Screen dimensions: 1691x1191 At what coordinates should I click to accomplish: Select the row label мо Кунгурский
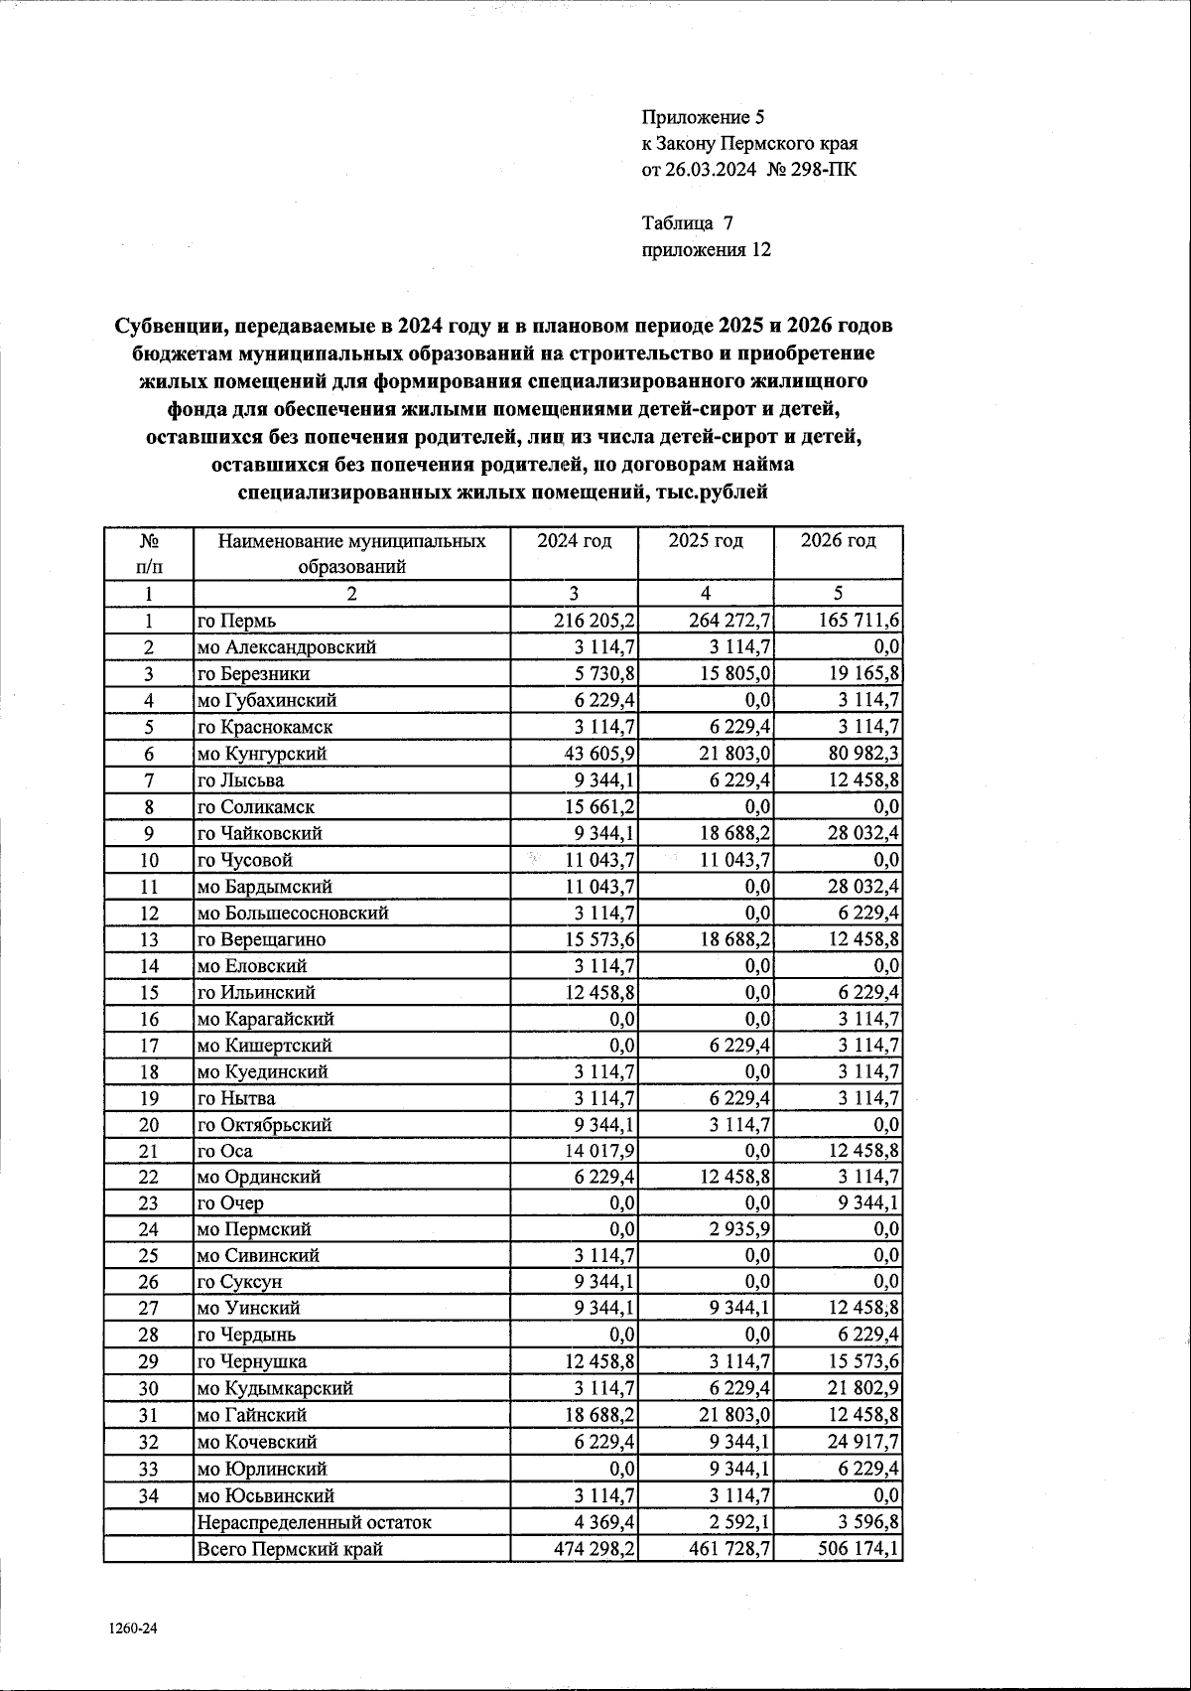tap(261, 754)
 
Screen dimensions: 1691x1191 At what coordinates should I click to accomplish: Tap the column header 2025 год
tap(706, 541)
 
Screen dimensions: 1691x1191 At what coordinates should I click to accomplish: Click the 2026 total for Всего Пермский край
tap(851, 1549)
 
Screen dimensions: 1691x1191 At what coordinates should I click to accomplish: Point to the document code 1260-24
tap(129, 1629)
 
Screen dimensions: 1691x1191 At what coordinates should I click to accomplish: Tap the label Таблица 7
tap(688, 222)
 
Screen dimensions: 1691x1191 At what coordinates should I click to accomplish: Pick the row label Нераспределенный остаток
tap(314, 1522)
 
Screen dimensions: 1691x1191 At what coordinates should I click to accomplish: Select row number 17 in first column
tap(149, 1046)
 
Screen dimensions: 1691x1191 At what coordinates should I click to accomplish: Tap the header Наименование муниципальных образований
tap(352, 554)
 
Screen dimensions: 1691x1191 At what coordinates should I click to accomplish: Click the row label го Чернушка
tap(251, 1361)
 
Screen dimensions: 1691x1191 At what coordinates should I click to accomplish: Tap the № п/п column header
tap(149, 554)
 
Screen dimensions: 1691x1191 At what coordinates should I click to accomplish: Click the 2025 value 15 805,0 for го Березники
tap(735, 674)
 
